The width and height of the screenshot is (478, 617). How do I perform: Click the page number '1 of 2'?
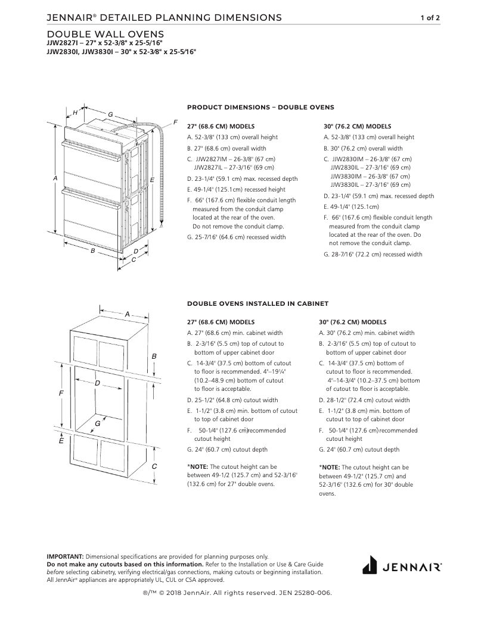click(x=430, y=18)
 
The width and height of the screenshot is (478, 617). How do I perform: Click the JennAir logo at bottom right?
click(x=402, y=565)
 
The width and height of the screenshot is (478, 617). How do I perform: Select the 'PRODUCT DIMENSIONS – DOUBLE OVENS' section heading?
click(x=260, y=107)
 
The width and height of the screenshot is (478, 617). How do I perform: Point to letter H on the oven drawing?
click(x=75, y=112)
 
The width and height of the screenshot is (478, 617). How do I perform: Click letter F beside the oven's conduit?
click(x=175, y=122)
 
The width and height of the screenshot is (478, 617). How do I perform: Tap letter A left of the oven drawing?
click(x=55, y=178)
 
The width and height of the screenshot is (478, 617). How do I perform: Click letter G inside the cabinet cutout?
click(x=97, y=423)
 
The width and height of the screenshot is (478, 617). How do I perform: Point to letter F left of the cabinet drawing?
click(x=61, y=394)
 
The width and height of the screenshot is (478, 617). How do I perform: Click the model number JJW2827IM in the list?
click(x=210, y=159)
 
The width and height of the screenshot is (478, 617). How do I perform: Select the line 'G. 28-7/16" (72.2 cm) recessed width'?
click(x=373, y=254)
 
